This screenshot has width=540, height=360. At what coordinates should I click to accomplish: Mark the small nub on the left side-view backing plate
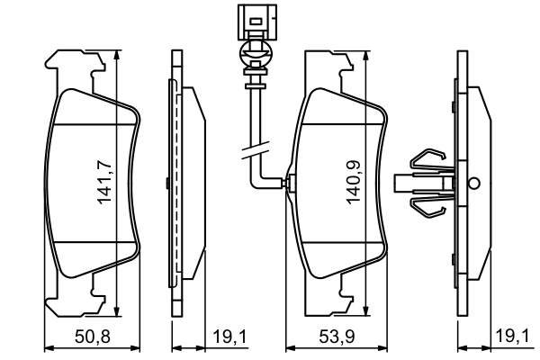(167, 184)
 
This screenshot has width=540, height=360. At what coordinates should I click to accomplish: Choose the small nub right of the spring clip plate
(473, 182)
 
